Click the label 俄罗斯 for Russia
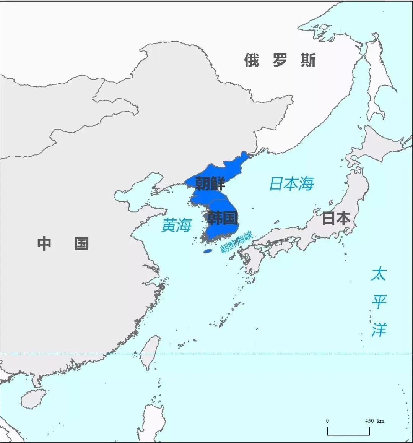280,60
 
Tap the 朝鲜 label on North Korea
210,183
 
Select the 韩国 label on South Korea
222,218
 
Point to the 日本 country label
336,218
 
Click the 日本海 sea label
291,184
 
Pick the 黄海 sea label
176,226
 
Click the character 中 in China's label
44,243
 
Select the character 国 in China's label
81,243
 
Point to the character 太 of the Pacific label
379,274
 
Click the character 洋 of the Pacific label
379,329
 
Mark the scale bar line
348,434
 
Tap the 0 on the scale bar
327,421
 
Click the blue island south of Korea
208,251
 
